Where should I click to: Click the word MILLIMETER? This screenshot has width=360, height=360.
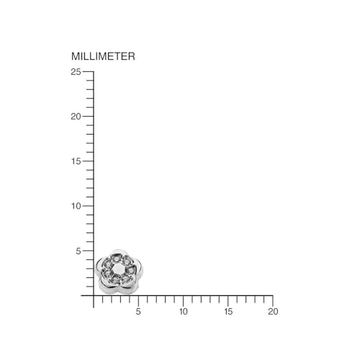(103, 56)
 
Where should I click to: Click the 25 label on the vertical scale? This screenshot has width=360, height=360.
(76, 71)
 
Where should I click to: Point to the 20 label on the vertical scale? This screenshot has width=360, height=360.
(76, 117)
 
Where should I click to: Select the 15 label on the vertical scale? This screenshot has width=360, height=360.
(76, 161)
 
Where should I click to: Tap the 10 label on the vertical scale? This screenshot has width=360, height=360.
(76, 206)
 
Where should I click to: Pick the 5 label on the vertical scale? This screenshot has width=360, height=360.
(78, 251)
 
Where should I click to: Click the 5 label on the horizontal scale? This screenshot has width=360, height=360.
(138, 312)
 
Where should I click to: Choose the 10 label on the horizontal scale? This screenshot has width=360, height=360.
(184, 312)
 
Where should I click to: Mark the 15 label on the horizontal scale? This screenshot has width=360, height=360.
(228, 312)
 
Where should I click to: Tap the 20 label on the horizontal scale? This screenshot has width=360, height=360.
(273, 312)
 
